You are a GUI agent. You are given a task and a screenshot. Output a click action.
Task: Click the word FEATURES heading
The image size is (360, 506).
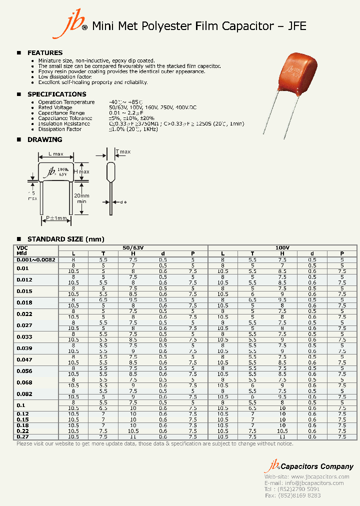pos(45,52)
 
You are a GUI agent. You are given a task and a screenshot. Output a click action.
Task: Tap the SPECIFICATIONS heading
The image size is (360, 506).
pos(56,94)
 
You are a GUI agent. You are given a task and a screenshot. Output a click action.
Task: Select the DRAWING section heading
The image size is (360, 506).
pos(44,139)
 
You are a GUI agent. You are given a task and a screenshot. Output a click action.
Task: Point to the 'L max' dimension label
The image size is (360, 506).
pos(55,154)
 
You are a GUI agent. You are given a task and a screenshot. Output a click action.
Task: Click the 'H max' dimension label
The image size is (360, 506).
pos(81,172)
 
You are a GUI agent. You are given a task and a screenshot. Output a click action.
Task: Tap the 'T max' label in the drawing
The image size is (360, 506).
pos(123,151)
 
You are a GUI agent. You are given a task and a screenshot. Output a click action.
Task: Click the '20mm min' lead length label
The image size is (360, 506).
pos(81,198)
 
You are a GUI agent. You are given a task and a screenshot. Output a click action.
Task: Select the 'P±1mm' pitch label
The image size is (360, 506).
pos(56,218)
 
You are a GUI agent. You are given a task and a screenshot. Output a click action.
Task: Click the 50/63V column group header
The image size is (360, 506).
pos(133,248)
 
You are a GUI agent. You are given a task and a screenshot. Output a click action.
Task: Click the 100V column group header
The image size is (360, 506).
pos(282,248)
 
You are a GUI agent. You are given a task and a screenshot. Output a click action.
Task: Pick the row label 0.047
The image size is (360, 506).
pos(24,359)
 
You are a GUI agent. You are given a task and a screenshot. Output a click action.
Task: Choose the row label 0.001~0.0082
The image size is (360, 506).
pos(36,259)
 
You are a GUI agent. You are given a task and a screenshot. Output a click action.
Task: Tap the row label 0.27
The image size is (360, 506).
pos(22,436)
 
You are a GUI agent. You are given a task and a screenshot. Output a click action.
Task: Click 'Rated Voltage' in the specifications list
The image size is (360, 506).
pos(55,107)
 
